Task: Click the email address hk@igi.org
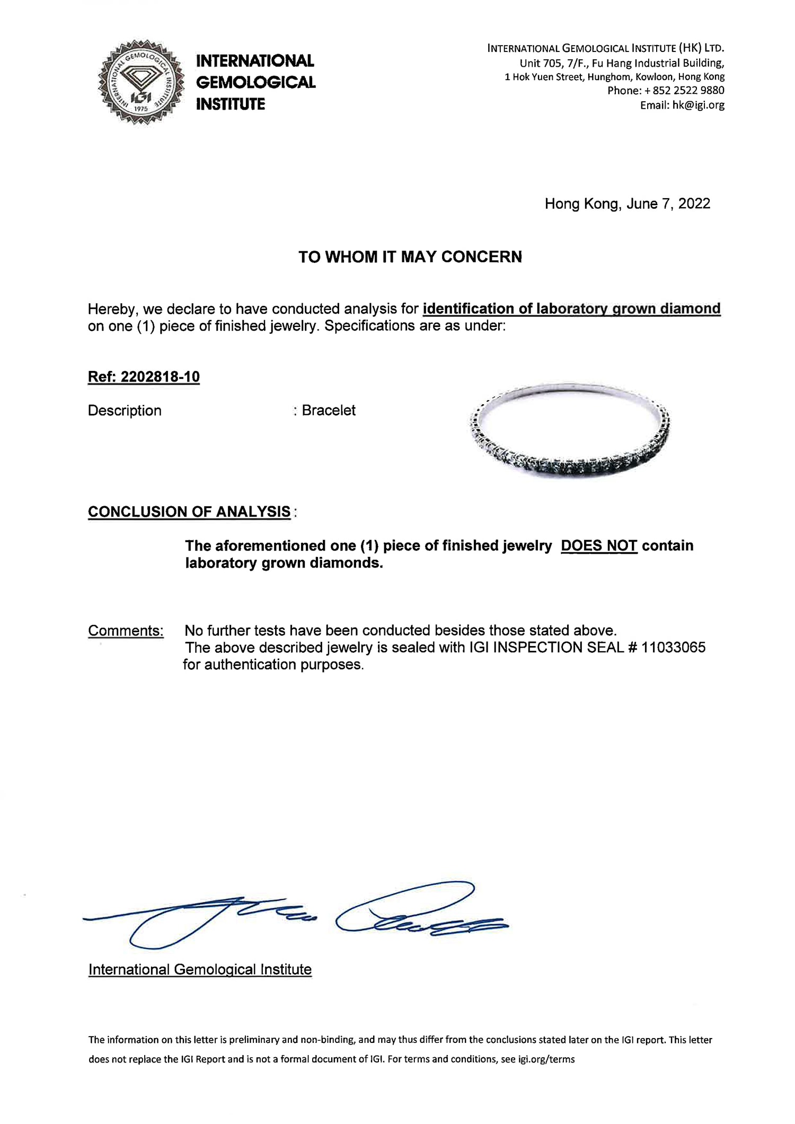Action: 698,105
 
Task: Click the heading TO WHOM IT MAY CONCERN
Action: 410,257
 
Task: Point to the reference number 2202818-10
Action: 160,377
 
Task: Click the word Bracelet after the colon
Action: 329,411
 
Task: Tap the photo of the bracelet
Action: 570,429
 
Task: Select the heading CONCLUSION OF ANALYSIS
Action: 189,512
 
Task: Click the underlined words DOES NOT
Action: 599,546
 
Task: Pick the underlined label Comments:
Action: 126,631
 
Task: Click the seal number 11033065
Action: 673,648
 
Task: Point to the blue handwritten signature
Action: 297,917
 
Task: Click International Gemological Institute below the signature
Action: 200,970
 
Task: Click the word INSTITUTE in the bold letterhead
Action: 231,104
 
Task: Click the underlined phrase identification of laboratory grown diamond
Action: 571,309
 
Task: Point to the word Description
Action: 125,411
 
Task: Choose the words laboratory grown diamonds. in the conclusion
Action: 284,563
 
